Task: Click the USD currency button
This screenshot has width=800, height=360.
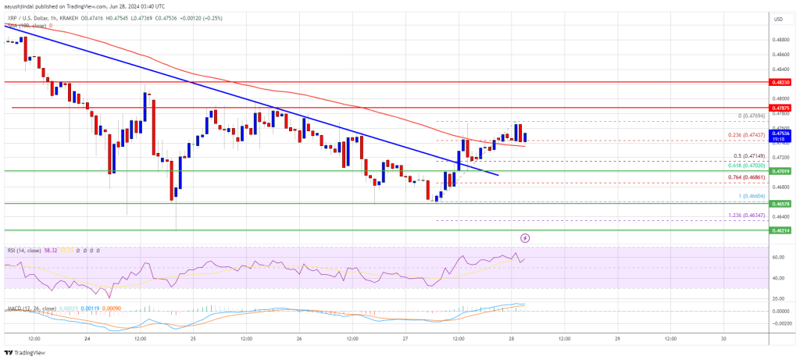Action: click(x=778, y=19)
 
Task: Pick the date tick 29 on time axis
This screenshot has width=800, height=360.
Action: click(x=617, y=340)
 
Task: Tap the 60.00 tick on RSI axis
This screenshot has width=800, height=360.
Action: click(x=777, y=256)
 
